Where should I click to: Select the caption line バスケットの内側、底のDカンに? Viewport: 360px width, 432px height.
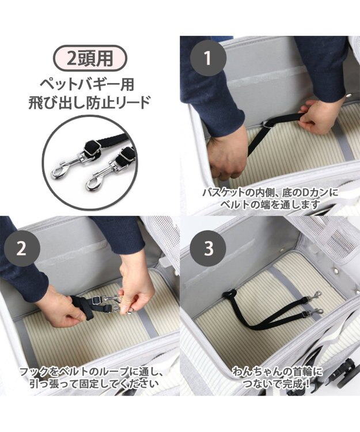tap(270, 192)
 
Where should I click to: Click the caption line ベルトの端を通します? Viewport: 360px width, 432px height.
tap(270, 204)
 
